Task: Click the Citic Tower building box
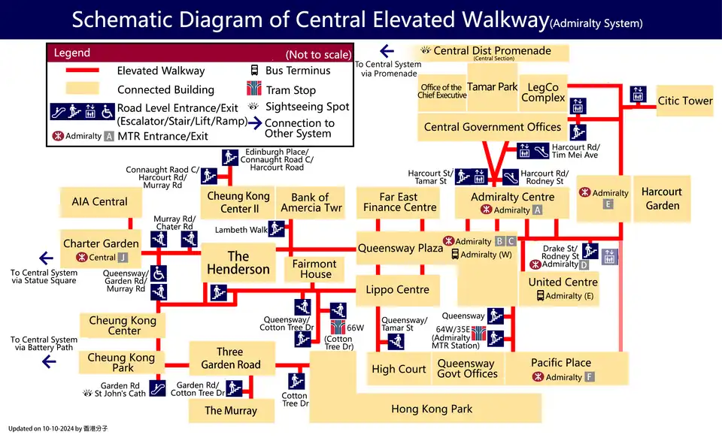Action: tap(684, 101)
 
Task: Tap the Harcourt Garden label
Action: tap(662, 198)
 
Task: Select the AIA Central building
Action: tap(99, 202)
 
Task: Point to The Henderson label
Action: tap(238, 263)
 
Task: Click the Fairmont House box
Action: tap(315, 268)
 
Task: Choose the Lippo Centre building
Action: tap(397, 290)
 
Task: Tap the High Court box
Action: tap(399, 369)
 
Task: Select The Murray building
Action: tap(231, 410)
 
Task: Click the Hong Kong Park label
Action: tap(432, 409)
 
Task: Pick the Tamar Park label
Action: tap(492, 87)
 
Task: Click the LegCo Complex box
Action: tap(543, 92)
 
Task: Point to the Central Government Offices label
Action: tap(493, 127)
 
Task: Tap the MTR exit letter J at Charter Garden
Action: tap(123, 258)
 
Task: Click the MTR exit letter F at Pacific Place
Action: tap(590, 377)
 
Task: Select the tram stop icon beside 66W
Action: tap(338, 328)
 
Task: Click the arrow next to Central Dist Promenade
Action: tap(387, 51)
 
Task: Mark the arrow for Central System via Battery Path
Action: tap(49, 361)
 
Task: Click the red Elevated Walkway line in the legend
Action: tap(82, 71)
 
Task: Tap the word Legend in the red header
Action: tap(72, 53)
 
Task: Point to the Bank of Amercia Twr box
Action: tap(311, 203)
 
